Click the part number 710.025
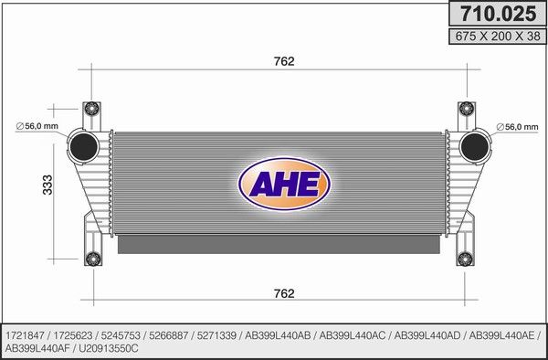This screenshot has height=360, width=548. point(498,14)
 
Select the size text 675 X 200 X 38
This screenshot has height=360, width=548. point(498,36)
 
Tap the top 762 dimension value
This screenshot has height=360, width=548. point(284,61)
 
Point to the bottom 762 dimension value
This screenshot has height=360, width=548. point(284,293)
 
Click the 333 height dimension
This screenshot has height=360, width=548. point(47,185)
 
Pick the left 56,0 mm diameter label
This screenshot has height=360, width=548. point(37,126)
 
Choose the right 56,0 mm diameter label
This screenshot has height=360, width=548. point(517,127)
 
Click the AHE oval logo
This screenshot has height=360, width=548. point(284,184)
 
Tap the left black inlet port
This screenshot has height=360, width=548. point(83,147)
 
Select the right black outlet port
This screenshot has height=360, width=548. point(474,147)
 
